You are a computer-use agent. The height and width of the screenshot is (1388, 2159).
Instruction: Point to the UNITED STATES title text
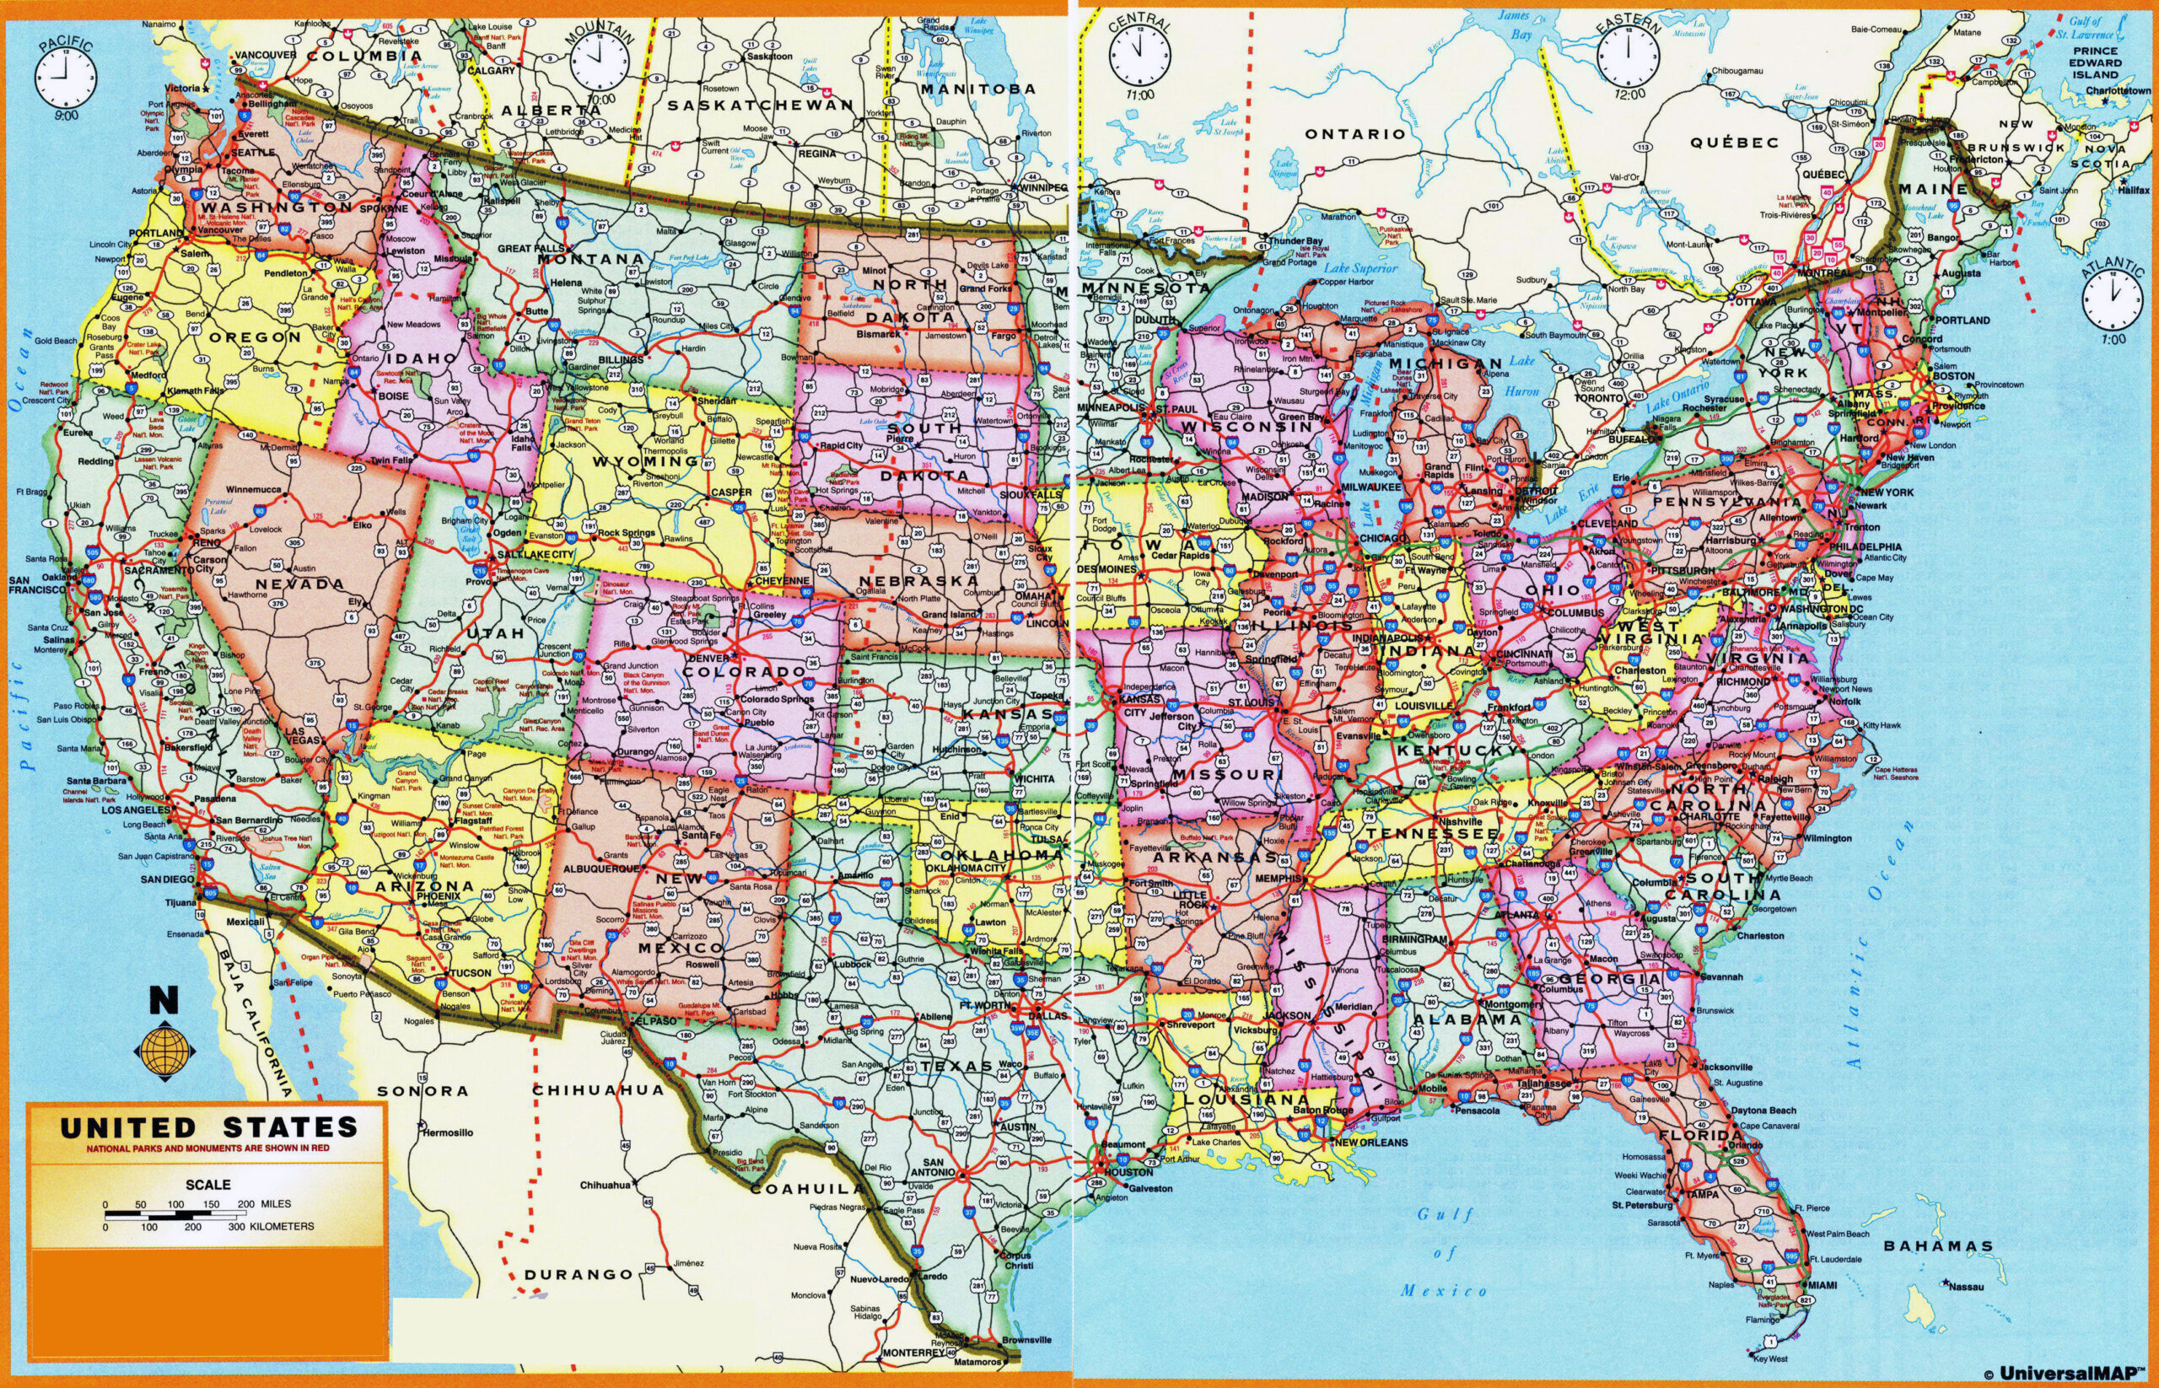pyautogui.click(x=208, y=1127)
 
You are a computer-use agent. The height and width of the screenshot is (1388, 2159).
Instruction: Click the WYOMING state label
pyautogui.click(x=645, y=460)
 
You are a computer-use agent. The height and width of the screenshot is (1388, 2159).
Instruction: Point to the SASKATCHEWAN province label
pyautogui.click(x=762, y=105)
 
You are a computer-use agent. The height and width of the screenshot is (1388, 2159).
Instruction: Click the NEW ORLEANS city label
pyautogui.click(x=1370, y=1142)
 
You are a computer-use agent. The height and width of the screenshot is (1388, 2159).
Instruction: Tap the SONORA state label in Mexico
pyautogui.click(x=422, y=1090)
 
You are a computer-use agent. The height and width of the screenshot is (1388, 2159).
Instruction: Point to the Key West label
pyautogui.click(x=1765, y=1358)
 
